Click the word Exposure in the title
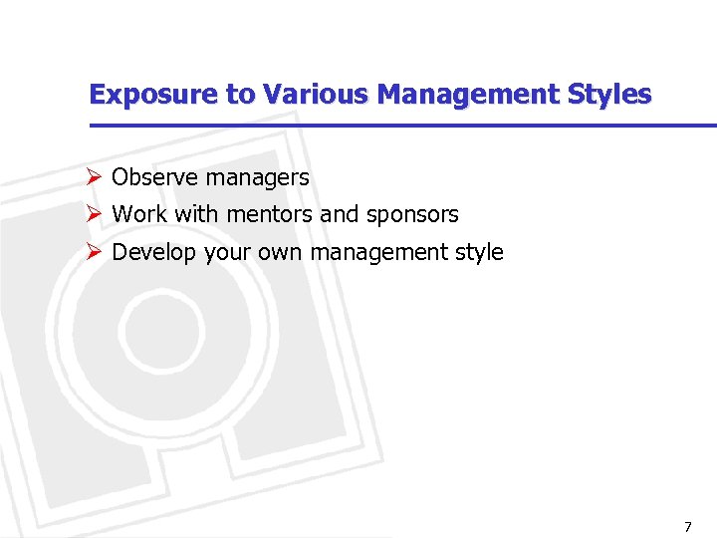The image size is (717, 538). [x=154, y=95]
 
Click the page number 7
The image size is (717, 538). [x=687, y=526]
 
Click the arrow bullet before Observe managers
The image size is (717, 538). [x=95, y=177]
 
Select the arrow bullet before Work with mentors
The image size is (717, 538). [x=95, y=214]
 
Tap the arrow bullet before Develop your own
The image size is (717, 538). [x=95, y=252]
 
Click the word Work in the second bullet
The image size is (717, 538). [x=138, y=214]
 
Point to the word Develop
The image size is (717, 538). [x=154, y=253]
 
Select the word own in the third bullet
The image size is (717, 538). [x=280, y=253]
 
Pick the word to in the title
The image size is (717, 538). [x=240, y=95]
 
